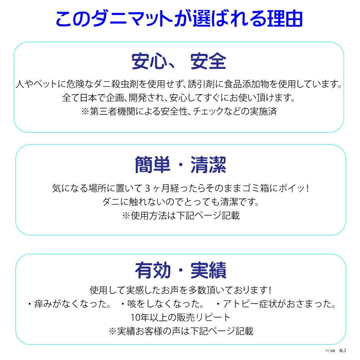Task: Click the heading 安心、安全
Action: coord(179,61)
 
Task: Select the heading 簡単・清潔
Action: coord(180,164)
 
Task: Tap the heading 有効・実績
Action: coord(181,270)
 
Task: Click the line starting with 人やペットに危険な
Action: coord(179,84)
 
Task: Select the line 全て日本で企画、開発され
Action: coord(178,98)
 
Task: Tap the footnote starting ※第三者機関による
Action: coord(179,111)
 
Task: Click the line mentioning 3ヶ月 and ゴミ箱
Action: coord(181,188)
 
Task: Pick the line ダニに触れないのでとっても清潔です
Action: coord(181,202)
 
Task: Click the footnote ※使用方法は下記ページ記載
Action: coord(181,215)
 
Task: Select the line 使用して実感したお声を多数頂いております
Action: coord(181,290)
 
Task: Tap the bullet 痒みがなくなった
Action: coord(69,304)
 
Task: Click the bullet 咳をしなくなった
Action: coord(162,304)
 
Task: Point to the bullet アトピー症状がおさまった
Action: coord(276,304)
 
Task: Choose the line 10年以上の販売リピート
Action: coord(181,318)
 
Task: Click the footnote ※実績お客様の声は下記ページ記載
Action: coord(181,331)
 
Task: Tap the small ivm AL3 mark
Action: coord(336,351)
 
